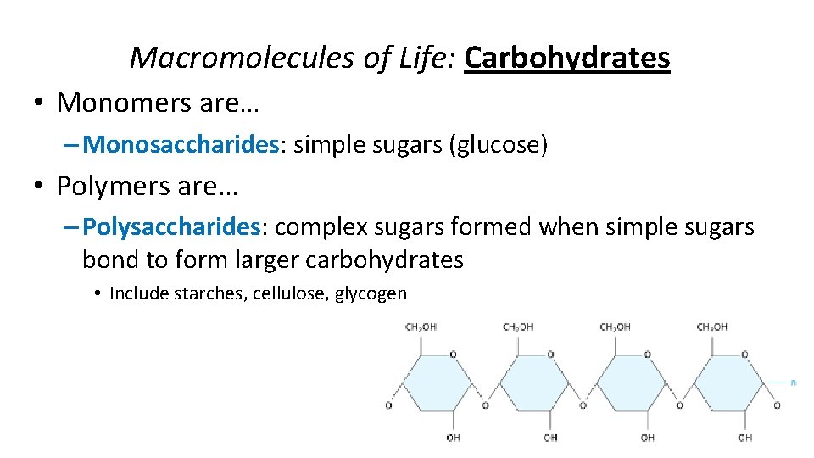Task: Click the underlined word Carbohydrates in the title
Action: pos(567,58)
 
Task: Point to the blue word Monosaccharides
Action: pos(181,145)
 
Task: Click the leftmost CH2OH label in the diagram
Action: pos(421,327)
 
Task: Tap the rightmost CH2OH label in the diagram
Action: pos(712,327)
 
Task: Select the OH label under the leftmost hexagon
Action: pos(453,438)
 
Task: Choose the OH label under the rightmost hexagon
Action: pos(744,438)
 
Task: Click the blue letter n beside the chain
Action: pos(794,383)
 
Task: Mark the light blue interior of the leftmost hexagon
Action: pos(436,383)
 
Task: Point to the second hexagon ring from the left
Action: pos(533,383)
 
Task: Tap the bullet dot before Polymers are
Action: pos(39,187)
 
